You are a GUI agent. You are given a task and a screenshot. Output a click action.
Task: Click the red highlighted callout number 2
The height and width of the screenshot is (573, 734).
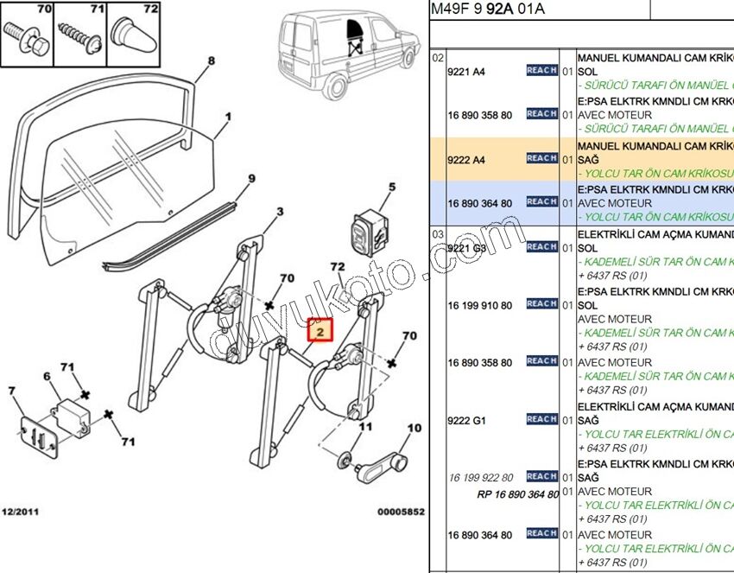click(320, 329)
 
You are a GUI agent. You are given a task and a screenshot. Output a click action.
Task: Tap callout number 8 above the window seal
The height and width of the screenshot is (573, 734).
click(211, 61)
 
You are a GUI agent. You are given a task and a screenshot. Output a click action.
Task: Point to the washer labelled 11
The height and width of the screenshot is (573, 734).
click(344, 456)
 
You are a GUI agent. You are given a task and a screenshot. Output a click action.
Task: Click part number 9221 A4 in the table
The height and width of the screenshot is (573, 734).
click(466, 73)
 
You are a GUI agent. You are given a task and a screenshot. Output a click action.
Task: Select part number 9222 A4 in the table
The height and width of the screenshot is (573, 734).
click(466, 160)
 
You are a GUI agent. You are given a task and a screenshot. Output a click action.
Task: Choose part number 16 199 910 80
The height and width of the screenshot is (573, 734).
click(479, 306)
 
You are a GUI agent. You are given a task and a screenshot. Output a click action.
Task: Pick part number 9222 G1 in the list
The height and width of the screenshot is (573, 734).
click(466, 421)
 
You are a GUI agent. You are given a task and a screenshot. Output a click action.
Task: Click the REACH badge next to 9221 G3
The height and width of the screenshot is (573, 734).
click(541, 247)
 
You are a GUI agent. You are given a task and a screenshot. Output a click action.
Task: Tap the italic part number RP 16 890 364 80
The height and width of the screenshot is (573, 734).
click(517, 495)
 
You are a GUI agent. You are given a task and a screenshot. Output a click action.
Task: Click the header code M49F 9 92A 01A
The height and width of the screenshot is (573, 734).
click(489, 10)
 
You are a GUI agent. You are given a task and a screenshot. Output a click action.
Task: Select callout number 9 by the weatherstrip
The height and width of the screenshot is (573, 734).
click(251, 179)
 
